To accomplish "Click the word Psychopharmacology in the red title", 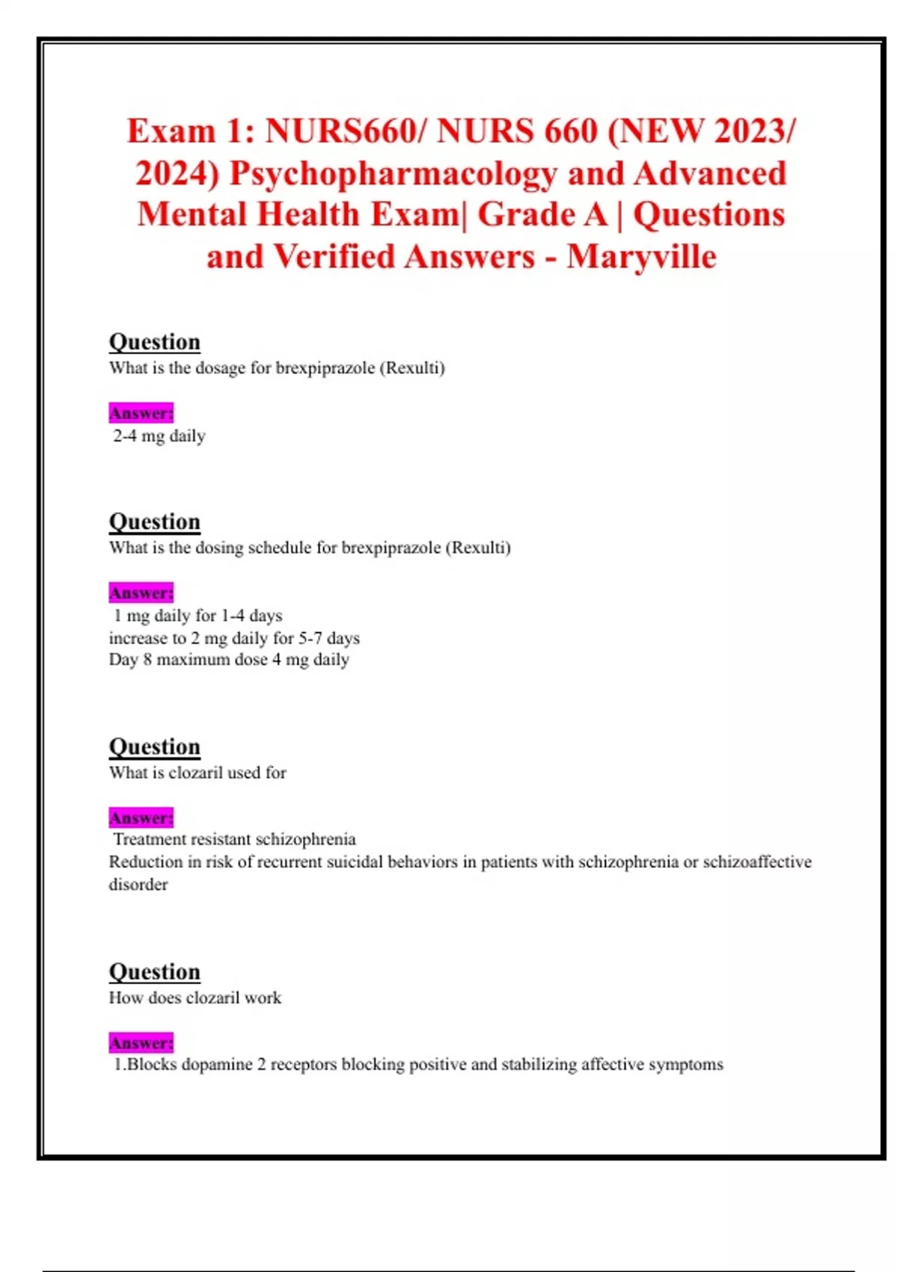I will [393, 174].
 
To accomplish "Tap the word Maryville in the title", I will [641, 257].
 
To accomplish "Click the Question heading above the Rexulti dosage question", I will [154, 342].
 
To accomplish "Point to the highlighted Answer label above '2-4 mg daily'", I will [141, 413].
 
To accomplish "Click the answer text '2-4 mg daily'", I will [159, 436].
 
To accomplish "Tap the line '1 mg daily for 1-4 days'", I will [198, 616].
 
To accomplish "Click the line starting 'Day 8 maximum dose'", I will [229, 660].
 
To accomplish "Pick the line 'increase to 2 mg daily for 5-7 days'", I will [234, 638].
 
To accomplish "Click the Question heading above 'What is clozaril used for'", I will [154, 747].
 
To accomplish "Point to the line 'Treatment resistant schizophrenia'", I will [234, 840].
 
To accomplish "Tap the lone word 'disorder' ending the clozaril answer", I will [138, 884].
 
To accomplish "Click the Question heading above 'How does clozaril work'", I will [154, 972].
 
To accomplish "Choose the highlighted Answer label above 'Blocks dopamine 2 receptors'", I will [141, 1043].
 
